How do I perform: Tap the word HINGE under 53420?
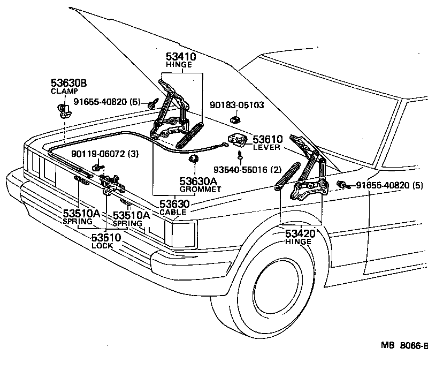(299, 242)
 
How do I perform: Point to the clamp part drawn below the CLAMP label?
(65, 111)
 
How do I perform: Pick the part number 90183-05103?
(236, 105)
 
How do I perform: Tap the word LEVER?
(266, 147)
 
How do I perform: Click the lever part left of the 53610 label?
(238, 140)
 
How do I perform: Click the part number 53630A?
(200, 181)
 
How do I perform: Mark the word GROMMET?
(200, 189)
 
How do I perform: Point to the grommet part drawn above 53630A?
(194, 158)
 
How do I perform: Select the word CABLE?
(173, 212)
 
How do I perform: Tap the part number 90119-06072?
(95, 154)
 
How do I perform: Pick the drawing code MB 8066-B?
(404, 345)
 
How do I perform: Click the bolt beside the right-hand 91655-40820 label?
(341, 185)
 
